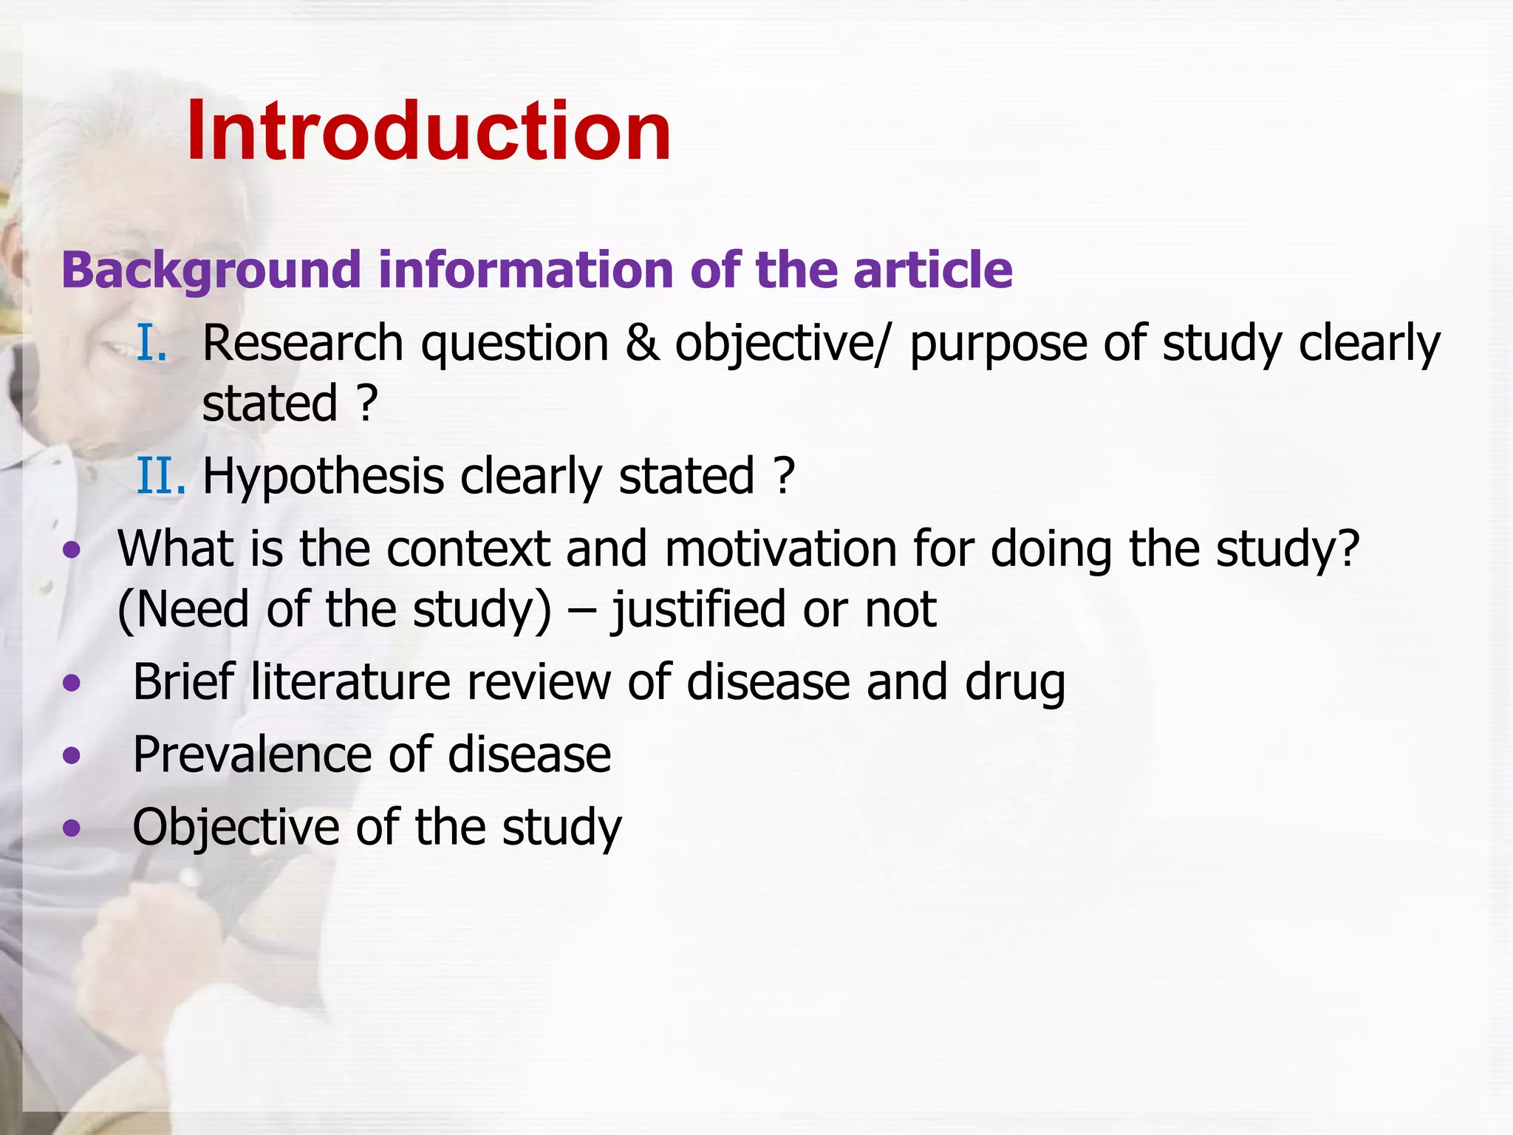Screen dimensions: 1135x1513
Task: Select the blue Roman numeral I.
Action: coord(152,344)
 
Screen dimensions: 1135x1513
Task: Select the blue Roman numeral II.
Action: coord(160,476)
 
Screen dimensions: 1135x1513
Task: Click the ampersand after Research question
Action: coord(642,344)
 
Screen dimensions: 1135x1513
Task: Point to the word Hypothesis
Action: coord(323,477)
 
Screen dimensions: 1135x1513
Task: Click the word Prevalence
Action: coord(252,755)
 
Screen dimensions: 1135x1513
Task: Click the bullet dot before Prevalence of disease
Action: coord(72,755)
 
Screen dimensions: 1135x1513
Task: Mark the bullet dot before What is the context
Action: coord(72,549)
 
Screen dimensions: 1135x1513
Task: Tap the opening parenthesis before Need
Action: coord(125,610)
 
